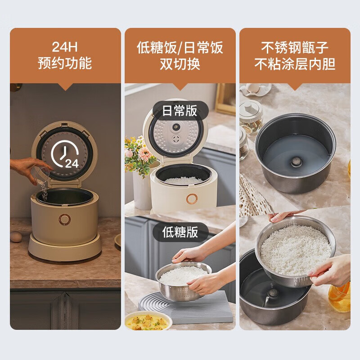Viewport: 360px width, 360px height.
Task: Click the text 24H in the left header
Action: pyautogui.click(x=65, y=47)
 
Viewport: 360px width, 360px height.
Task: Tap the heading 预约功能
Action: pyautogui.click(x=65, y=63)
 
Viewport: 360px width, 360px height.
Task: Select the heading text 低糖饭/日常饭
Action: pyautogui.click(x=180, y=47)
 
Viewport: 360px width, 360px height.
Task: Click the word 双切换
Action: pyautogui.click(x=180, y=63)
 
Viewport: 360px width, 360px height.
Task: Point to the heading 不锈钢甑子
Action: pyautogui.click(x=295, y=47)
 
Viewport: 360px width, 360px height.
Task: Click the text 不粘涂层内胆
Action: pyautogui.click(x=295, y=63)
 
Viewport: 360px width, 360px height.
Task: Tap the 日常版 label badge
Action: pyautogui.click(x=180, y=111)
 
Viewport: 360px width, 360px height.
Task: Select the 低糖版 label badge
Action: pyautogui.click(x=180, y=232)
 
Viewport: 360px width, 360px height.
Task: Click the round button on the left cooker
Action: pyautogui.click(x=65, y=219)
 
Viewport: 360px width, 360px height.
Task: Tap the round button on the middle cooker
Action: pyautogui.click(x=193, y=199)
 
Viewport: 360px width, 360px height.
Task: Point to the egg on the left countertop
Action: pyautogui.click(x=16, y=237)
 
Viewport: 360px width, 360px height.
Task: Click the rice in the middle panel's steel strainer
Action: pyautogui.click(x=183, y=274)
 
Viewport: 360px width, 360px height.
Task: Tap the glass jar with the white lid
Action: pyautogui.click(x=250, y=115)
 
